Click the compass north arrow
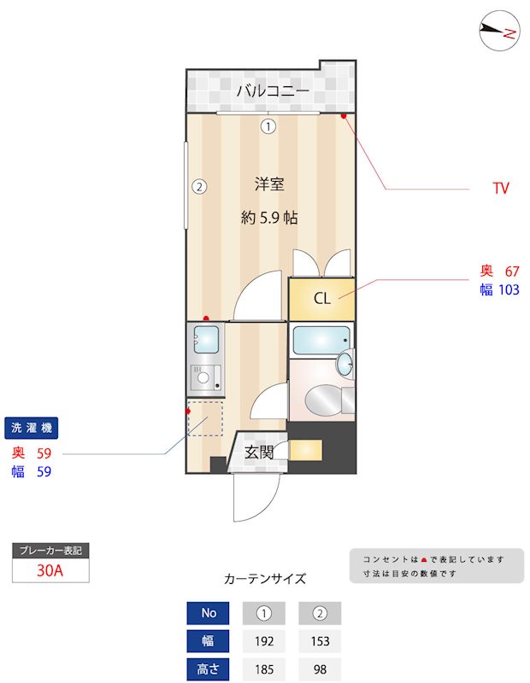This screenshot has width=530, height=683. coord(499,31)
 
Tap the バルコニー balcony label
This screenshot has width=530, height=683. coord(273,89)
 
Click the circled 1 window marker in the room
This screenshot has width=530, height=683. coord(268,127)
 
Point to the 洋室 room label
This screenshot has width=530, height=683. coord(269,184)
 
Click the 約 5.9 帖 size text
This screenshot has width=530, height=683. coord(269,217)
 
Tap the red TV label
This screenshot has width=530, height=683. coord(501,188)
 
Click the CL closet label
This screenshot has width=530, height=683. coord(322,299)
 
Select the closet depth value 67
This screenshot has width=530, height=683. coord(511,271)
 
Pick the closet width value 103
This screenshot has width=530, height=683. coord(509,290)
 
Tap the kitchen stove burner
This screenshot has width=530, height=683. coord(203,377)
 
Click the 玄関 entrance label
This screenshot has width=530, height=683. coord(259,452)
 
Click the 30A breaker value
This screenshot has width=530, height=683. coord(50,571)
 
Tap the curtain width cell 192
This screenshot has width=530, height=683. coord(264,641)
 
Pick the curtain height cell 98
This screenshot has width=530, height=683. coord(320,669)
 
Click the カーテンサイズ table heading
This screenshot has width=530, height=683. coord(265,579)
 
